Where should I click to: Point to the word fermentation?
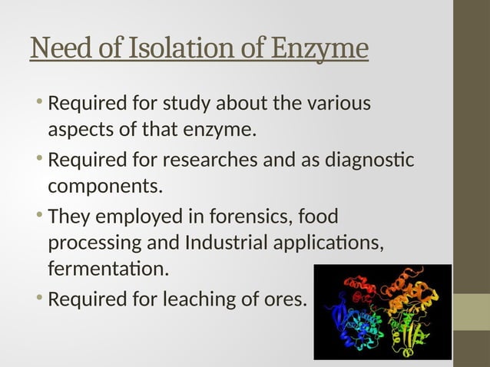click(x=105, y=270)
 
